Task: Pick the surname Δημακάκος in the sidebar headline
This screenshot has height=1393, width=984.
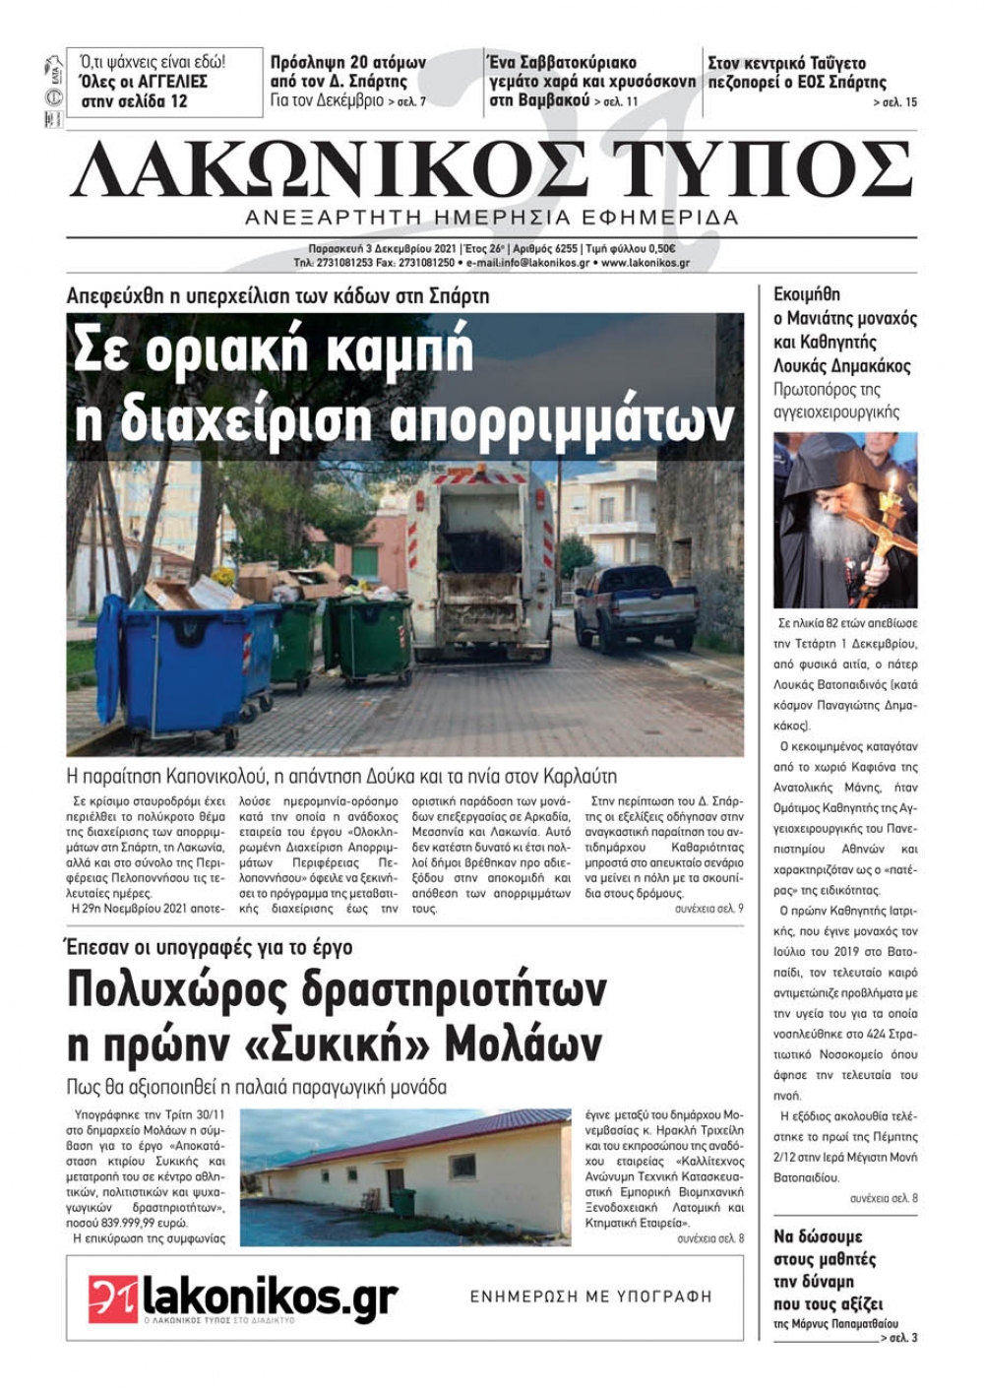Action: tap(865, 366)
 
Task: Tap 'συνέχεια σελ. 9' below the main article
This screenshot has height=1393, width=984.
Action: tap(708, 909)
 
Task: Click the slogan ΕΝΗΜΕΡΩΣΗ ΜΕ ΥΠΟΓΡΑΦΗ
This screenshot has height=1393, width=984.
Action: tap(590, 1297)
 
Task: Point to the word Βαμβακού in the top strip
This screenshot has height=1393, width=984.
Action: tap(551, 100)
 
